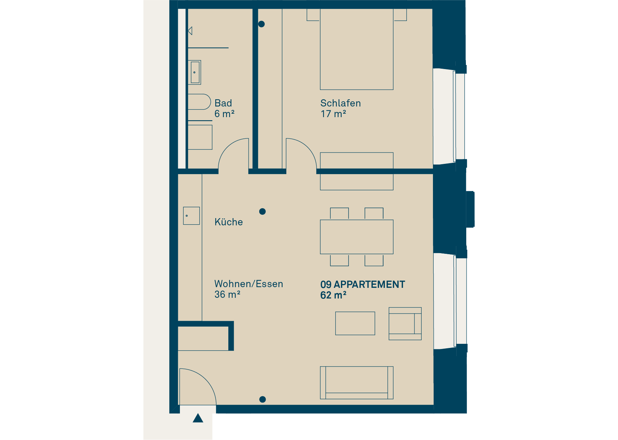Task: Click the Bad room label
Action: (223, 103)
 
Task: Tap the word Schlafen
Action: (341, 103)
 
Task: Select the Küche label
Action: (229, 222)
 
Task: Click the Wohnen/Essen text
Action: (249, 284)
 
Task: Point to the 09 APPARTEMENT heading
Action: (363, 284)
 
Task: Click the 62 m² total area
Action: (333, 295)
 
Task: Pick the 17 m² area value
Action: (333, 114)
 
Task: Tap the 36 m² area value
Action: (227, 294)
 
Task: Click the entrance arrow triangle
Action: (198, 418)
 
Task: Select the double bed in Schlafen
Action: (357, 49)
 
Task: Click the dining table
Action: (357, 237)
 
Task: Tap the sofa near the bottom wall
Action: (357, 383)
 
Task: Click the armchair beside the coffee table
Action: (405, 324)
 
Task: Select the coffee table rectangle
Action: (355, 323)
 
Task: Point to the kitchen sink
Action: (191, 216)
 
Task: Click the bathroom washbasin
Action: (194, 72)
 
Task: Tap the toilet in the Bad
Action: (199, 102)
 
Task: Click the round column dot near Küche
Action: (262, 212)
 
